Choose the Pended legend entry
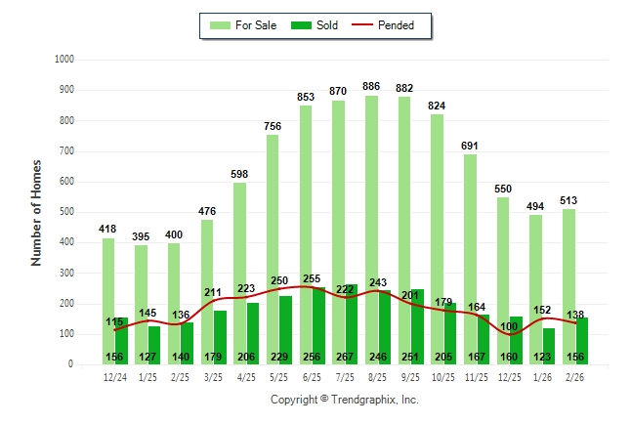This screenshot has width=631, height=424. pyautogui.click(x=391, y=25)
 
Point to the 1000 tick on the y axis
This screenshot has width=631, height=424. pyautogui.click(x=65, y=60)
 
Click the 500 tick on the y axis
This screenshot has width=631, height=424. pyautogui.click(x=67, y=212)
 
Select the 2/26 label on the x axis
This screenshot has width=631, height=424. pyautogui.click(x=576, y=376)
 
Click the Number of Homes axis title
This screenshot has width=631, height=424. pyautogui.click(x=36, y=212)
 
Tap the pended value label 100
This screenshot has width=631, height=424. pyautogui.click(x=510, y=325)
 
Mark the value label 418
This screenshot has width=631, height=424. pyautogui.click(x=107, y=229)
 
